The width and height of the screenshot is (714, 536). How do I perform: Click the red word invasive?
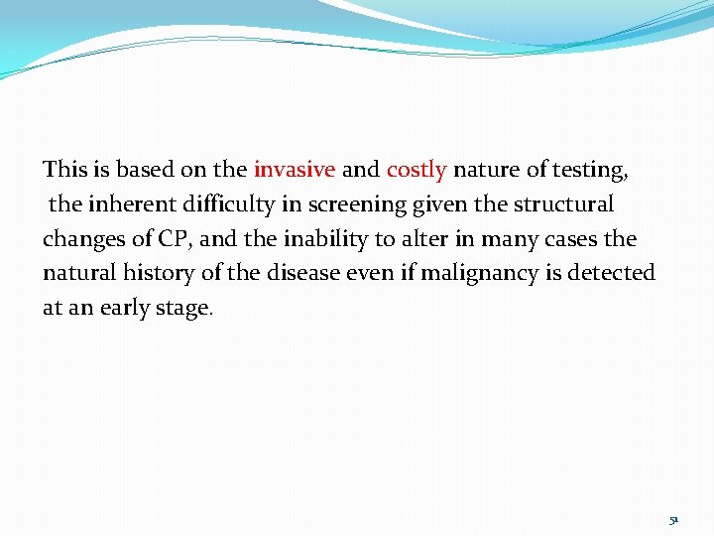coord(295,170)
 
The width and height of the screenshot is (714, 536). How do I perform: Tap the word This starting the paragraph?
coord(65,170)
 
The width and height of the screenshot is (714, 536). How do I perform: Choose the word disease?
coord(300,273)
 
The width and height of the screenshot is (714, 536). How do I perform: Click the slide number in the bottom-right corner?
coord(672,519)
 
